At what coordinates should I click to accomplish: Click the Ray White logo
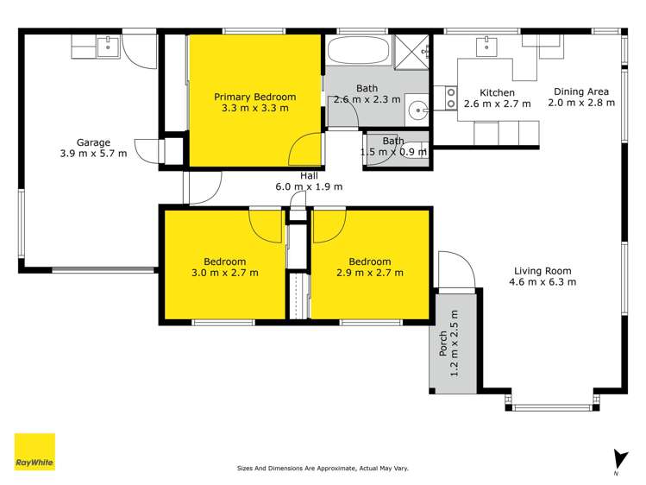[x=34, y=451]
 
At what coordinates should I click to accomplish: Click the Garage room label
[x=92, y=142]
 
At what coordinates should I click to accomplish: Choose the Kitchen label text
[x=498, y=92]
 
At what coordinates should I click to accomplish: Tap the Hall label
[x=309, y=175]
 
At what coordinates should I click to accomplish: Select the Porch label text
[x=443, y=345]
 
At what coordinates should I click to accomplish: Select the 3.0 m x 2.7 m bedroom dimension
[x=224, y=273]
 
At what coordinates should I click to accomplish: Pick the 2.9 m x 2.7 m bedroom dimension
[x=370, y=273]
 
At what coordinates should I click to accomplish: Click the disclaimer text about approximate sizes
[x=323, y=469]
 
